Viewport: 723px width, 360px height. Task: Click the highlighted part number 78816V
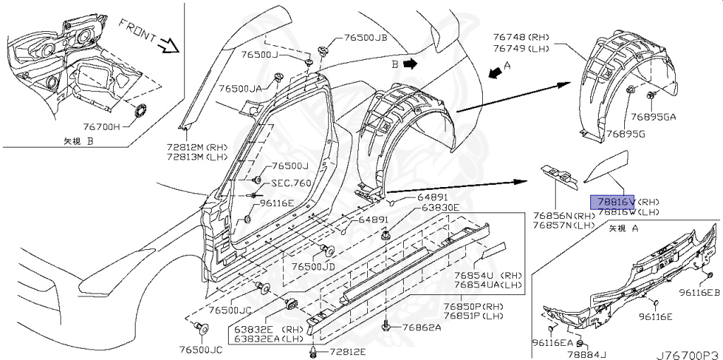tap(613, 200)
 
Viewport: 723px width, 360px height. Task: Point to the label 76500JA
tap(240, 89)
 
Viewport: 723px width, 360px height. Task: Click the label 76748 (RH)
tap(519, 36)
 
